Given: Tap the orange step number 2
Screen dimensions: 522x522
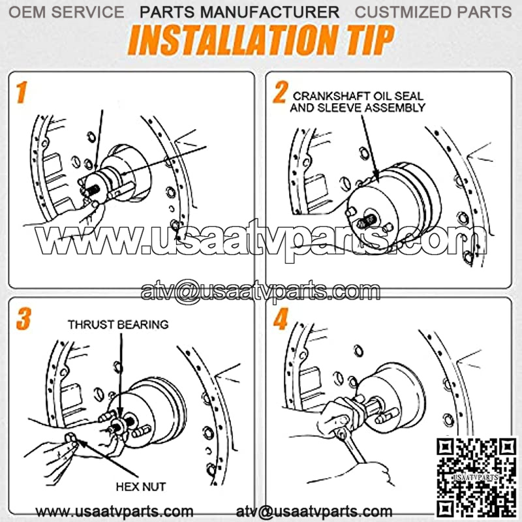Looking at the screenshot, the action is [x=281, y=92].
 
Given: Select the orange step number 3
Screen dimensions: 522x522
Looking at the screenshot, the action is [x=23, y=318].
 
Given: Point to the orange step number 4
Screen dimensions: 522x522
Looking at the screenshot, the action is [x=281, y=318].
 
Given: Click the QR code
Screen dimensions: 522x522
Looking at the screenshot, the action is [x=476, y=477].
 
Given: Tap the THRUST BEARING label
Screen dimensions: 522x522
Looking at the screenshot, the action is [x=118, y=324].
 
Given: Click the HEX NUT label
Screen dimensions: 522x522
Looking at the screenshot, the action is [x=141, y=487].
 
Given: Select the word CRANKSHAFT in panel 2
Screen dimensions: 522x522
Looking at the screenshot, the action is [x=331, y=96].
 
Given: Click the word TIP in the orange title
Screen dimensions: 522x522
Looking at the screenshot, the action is [x=371, y=40].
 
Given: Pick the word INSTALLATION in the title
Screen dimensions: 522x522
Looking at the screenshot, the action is [x=232, y=40].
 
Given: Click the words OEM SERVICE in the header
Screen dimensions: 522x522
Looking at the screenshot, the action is [x=67, y=12].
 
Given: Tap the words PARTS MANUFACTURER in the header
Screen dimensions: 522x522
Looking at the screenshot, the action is [x=239, y=12].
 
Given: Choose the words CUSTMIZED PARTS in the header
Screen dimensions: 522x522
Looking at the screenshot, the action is [x=433, y=12].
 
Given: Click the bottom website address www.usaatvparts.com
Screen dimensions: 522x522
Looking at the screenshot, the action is [x=114, y=512].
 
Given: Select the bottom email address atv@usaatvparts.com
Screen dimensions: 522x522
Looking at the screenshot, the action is [x=314, y=512].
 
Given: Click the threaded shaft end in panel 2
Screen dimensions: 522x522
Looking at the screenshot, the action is [x=367, y=221].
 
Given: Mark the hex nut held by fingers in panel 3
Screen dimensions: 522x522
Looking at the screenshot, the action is [x=71, y=438].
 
